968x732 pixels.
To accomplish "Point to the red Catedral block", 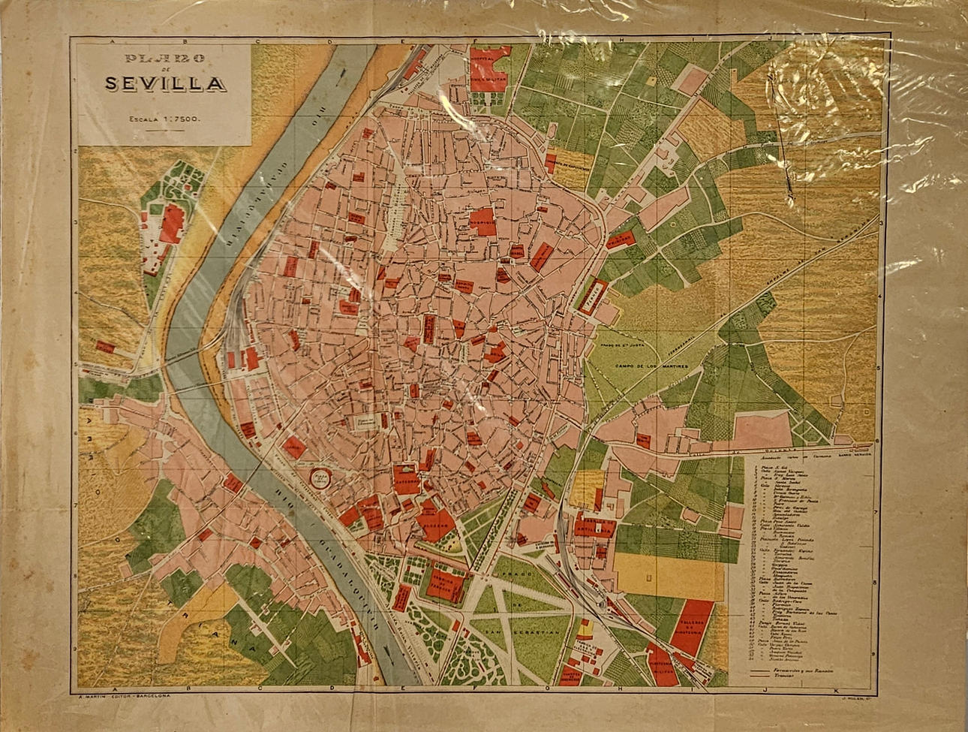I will click(x=405, y=479).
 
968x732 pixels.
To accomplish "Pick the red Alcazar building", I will click(x=436, y=520).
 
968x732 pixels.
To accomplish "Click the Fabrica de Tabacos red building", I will click(x=448, y=581).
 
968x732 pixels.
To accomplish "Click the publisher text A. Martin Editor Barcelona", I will click(x=125, y=697).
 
